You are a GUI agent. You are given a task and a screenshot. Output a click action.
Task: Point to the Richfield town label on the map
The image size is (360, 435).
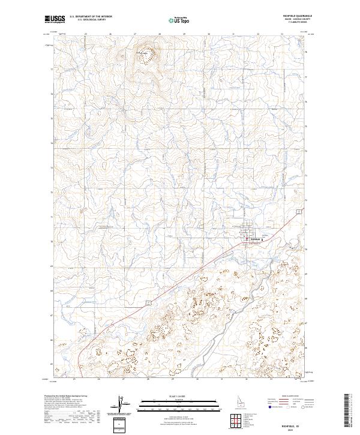click(x=254, y=239)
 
